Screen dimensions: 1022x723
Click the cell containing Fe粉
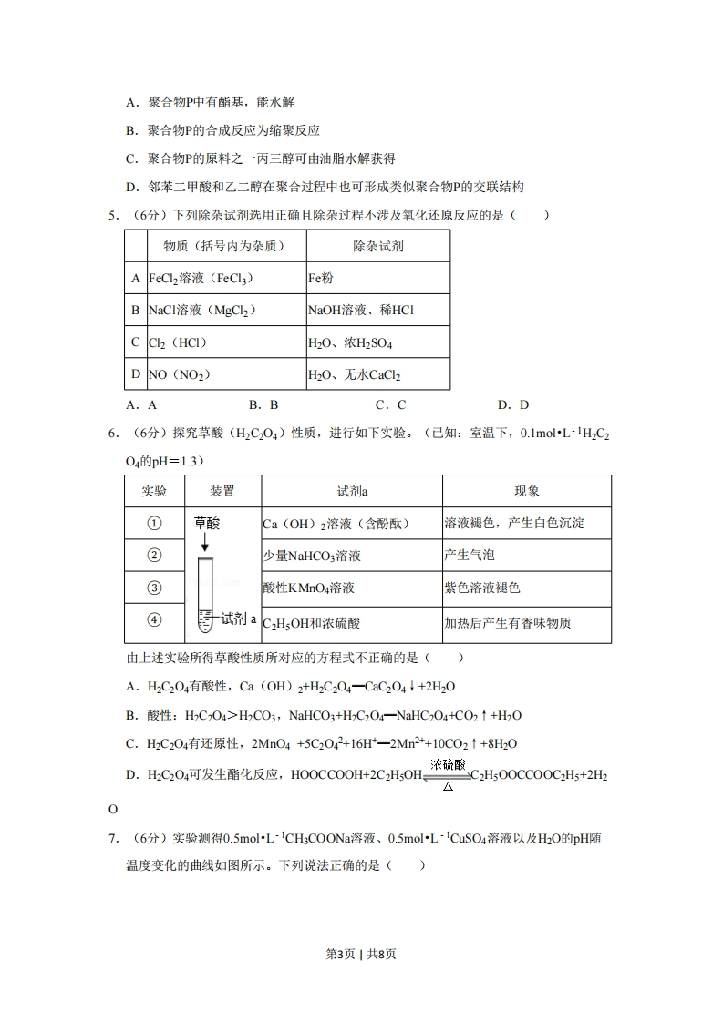tap(377, 278)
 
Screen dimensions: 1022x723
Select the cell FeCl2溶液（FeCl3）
tap(226, 278)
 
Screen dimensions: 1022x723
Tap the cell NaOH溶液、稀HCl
tap(377, 311)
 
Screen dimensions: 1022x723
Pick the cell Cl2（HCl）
tap(226, 342)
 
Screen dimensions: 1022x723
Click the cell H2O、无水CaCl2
tap(377, 374)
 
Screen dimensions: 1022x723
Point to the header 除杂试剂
tap(377, 246)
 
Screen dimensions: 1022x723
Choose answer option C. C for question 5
tap(390, 405)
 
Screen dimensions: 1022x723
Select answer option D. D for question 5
tap(513, 405)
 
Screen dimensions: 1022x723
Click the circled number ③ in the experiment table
tap(154, 588)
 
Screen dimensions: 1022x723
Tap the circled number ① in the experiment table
tap(154, 523)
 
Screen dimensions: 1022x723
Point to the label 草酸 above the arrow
tap(207, 524)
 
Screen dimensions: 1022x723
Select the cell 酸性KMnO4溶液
tap(351, 588)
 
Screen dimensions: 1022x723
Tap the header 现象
tap(527, 491)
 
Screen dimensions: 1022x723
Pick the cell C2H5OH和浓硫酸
tap(351, 623)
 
